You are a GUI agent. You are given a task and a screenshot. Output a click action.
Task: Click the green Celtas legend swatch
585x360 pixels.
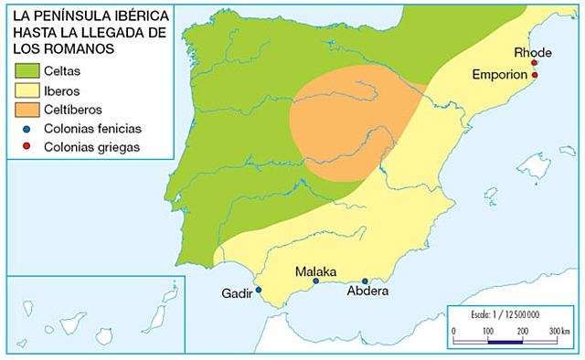[27, 70]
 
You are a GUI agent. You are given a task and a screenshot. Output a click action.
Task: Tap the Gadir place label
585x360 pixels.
[236, 293]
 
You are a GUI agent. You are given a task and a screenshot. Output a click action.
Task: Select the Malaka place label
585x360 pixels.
[315, 271]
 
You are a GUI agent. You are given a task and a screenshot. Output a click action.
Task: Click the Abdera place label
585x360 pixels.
[368, 291]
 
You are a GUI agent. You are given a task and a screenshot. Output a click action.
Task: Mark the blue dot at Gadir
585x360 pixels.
[258, 290]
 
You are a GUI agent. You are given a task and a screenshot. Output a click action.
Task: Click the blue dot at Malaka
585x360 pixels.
[316, 281]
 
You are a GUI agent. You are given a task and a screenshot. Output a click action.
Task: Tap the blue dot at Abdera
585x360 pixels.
[365, 281]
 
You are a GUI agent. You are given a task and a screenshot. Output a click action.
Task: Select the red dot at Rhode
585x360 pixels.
[534, 63]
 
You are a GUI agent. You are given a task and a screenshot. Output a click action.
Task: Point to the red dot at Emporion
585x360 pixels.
[535, 75]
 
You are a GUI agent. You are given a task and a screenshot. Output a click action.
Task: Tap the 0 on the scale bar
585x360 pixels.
[454, 330]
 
